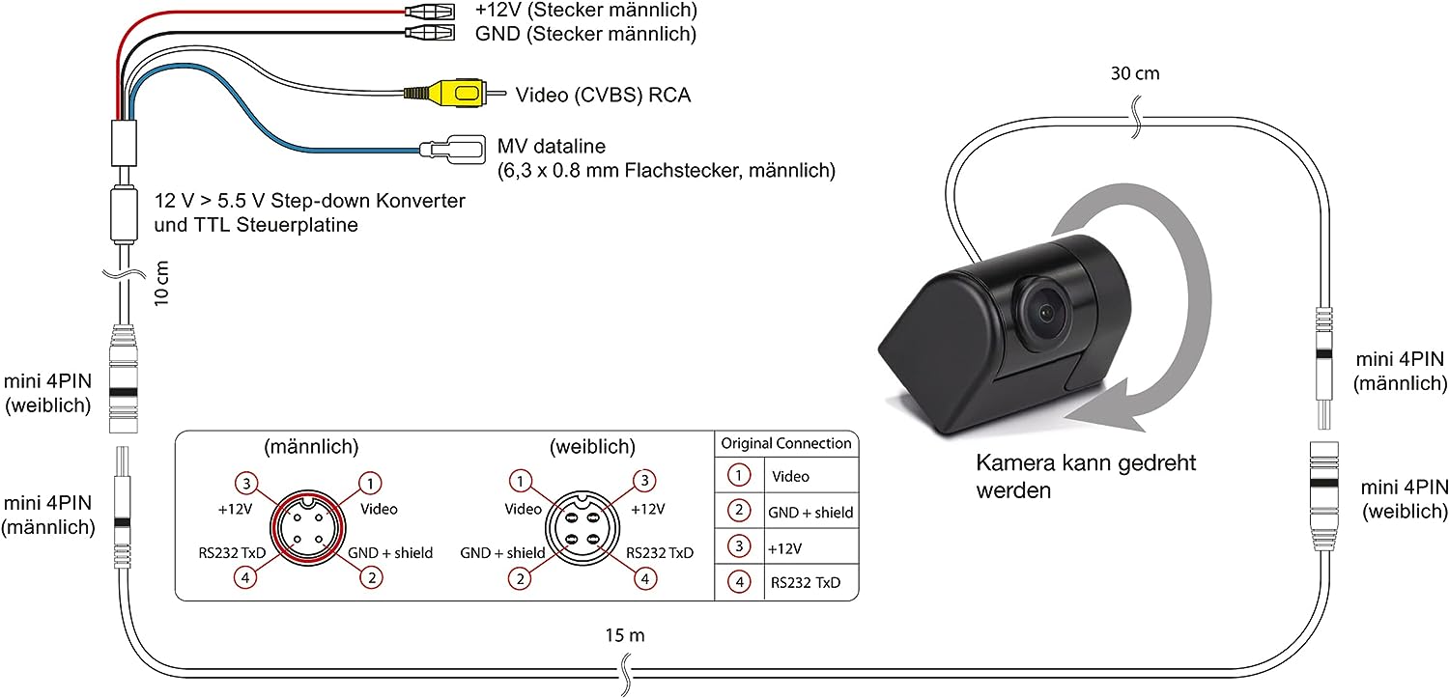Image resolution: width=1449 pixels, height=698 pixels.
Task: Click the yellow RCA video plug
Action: point(454,94)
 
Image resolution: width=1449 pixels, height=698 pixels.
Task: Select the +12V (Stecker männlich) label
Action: point(585,12)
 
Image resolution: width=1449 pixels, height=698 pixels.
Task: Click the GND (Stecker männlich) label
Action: point(585,35)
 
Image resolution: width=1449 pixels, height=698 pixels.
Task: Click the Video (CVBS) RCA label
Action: point(604,95)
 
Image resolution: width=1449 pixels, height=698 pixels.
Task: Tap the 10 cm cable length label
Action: point(162,282)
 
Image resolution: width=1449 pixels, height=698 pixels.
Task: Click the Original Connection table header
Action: point(786,443)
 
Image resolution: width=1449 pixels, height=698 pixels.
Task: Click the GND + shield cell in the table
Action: point(810,512)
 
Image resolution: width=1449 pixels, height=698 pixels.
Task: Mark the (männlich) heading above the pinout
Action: point(311,447)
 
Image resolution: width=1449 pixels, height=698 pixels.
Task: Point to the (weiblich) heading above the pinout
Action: point(592,447)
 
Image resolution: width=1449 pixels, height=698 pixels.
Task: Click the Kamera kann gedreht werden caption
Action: point(1086,476)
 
